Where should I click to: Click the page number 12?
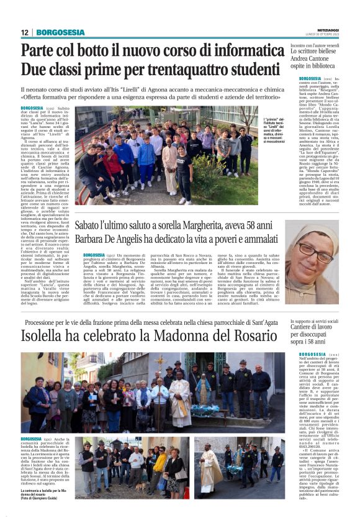click(25, 32)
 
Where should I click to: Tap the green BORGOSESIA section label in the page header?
click(61, 32)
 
